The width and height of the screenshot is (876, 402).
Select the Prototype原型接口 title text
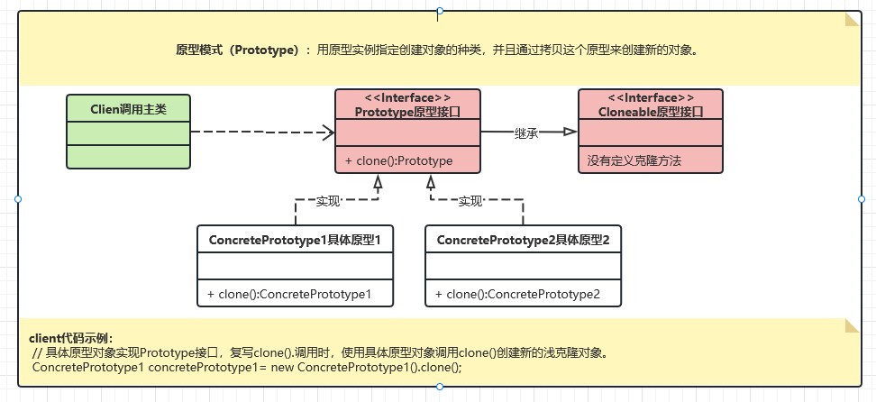[406, 112]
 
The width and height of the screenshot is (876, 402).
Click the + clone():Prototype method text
[398, 160]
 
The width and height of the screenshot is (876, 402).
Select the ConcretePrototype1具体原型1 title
[295, 241]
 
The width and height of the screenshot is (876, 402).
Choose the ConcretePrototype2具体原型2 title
[523, 241]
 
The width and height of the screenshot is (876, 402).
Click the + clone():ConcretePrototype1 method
[288, 293]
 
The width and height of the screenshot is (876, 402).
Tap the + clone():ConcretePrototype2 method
[517, 293]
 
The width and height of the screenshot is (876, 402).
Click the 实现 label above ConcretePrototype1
[328, 200]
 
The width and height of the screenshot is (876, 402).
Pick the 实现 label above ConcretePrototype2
[470, 200]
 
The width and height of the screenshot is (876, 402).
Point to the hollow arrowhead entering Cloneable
[570, 132]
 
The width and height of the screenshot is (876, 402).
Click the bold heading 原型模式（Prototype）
[237, 50]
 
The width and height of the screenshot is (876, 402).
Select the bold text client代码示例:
[72, 338]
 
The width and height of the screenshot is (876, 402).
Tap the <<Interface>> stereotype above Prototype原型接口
[406, 97]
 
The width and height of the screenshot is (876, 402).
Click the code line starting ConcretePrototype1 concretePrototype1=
[247, 368]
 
